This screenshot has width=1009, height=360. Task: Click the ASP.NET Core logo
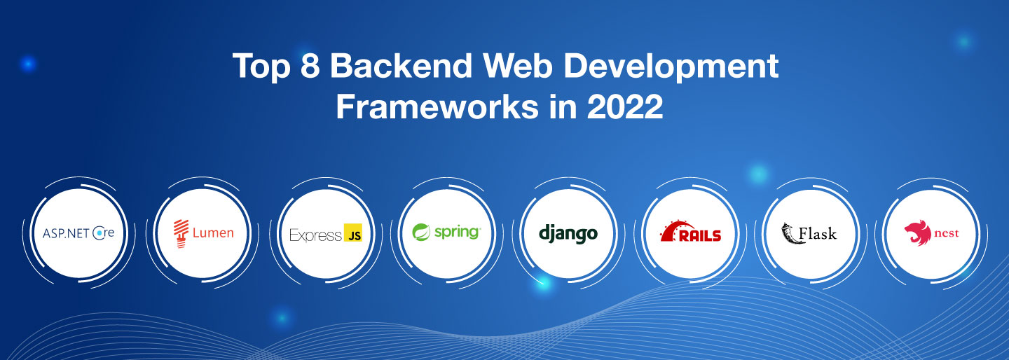tap(78, 233)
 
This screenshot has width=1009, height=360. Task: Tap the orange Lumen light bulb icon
tap(181, 233)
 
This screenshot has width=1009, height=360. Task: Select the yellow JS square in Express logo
tap(353, 234)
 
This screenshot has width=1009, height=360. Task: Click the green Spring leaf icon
tap(422, 232)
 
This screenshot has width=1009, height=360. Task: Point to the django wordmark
tap(568, 233)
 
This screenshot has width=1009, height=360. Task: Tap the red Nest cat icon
tap(914, 233)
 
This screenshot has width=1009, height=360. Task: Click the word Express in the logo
tap(315, 235)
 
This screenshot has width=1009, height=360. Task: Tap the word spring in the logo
tap(456, 232)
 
